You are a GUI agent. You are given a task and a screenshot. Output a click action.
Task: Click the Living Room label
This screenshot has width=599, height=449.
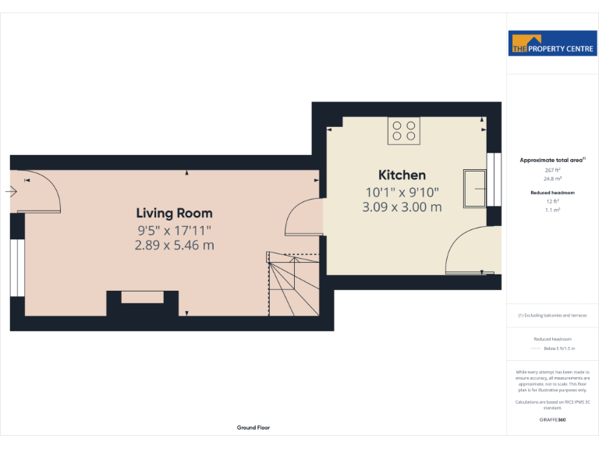(174, 213)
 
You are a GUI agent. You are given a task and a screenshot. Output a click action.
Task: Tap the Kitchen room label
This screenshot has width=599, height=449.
(402, 175)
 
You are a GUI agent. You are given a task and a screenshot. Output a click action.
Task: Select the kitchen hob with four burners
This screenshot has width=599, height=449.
(404, 130)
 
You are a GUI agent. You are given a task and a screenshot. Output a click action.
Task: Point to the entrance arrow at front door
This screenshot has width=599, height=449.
(12, 191)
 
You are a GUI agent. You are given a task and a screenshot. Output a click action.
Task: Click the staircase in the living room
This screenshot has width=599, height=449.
(293, 285)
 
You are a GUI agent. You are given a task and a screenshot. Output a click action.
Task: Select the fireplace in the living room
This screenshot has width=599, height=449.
(141, 297)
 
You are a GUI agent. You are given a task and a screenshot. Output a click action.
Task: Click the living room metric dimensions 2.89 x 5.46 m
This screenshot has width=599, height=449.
(174, 245)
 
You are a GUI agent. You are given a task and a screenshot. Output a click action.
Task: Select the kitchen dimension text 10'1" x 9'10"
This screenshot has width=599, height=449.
(402, 193)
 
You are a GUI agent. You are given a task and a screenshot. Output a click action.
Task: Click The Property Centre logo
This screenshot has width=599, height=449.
(552, 44)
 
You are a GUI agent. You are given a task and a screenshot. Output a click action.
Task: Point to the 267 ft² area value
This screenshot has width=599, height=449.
(552, 170)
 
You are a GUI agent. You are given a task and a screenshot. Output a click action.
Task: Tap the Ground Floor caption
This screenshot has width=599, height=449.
(253, 427)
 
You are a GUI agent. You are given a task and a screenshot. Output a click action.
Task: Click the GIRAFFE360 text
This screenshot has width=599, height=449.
(552, 420)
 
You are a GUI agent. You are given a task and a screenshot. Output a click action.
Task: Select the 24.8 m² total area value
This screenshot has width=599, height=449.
(552, 179)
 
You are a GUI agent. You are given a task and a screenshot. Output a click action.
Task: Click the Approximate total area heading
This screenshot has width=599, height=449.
(551, 160)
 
